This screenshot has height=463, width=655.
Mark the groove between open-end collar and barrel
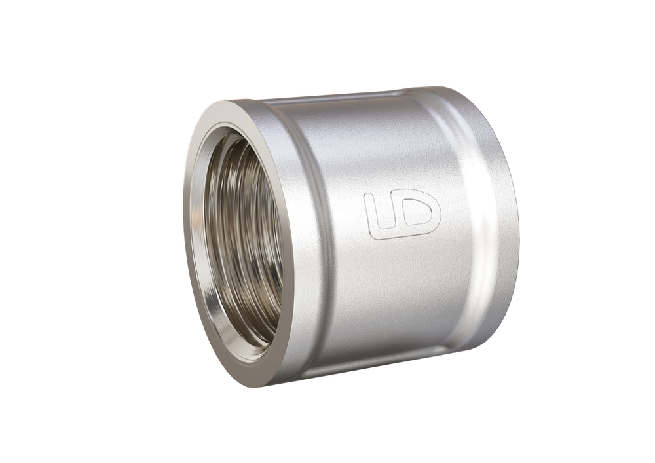click(x=321, y=242)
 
